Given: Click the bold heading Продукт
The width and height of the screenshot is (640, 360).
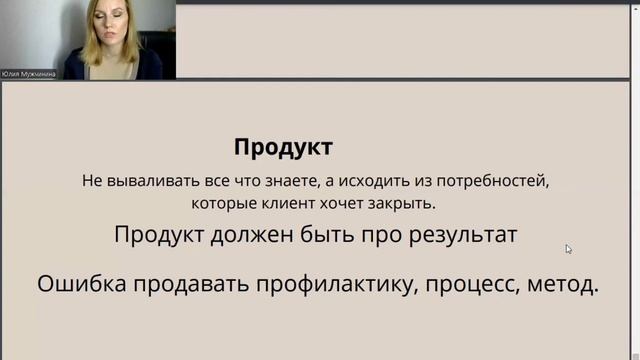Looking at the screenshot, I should tap(283, 148).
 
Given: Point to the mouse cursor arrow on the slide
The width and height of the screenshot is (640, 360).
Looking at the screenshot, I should tap(568, 249).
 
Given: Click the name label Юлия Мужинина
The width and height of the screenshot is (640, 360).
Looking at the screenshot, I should tap(30, 73).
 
